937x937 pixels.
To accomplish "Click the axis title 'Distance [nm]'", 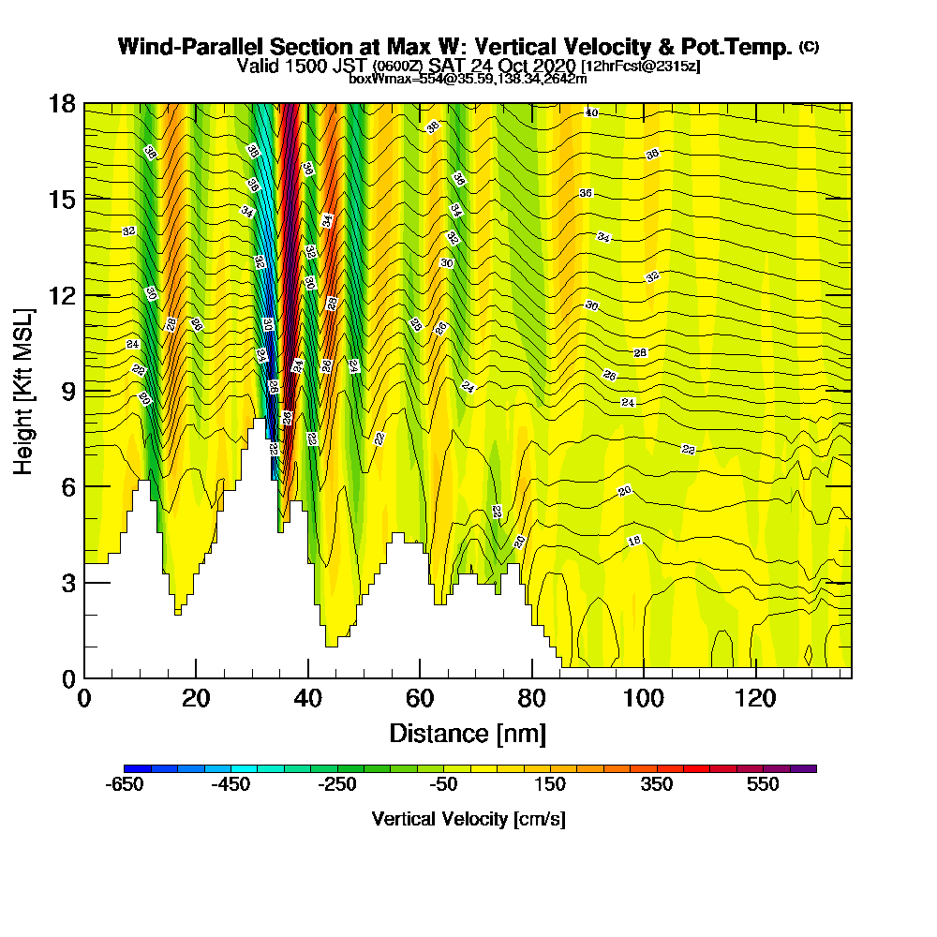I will click(467, 732).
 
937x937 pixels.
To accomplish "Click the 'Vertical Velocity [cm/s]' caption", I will click(468, 819).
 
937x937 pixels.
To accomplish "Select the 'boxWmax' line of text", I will click(468, 79).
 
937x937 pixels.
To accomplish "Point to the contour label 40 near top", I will click(590, 112).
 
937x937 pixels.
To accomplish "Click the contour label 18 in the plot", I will click(634, 541).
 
